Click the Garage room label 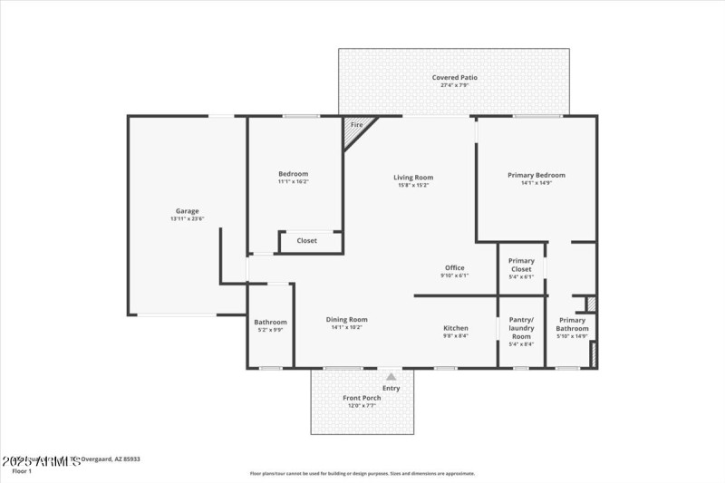click(x=187, y=211)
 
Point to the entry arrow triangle click(x=391, y=376)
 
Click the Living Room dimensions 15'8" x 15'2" click(x=412, y=185)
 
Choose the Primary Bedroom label click(x=536, y=175)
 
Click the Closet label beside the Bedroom click(x=307, y=241)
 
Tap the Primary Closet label click(x=521, y=265)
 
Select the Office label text click(x=454, y=267)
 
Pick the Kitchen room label click(x=455, y=328)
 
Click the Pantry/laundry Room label click(x=521, y=327)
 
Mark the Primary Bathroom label click(x=572, y=324)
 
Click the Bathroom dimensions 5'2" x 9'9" click(x=270, y=330)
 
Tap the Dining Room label click(x=346, y=319)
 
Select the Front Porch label click(x=362, y=398)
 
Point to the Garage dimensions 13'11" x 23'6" click(x=187, y=218)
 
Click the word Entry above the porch click(x=391, y=388)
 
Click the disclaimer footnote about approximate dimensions click(x=363, y=473)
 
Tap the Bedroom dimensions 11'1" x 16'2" click(x=293, y=181)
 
